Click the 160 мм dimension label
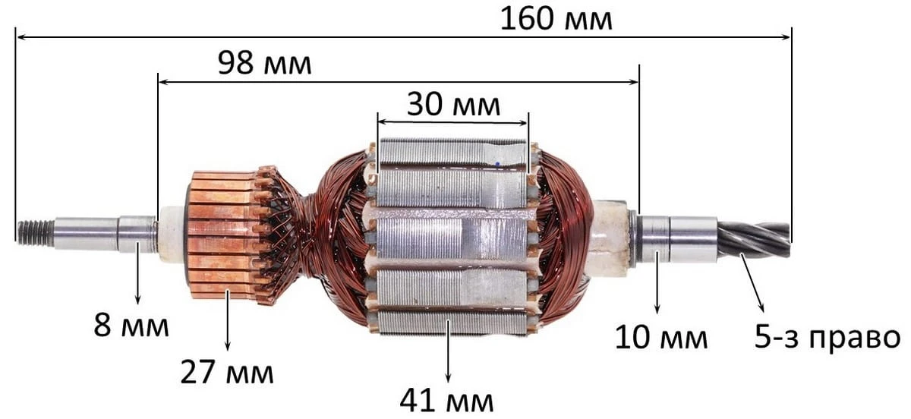tap(556, 20)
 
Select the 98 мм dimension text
tap(264, 63)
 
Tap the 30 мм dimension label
tap(453, 105)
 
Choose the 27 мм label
tap(227, 372)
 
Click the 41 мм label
tap(446, 401)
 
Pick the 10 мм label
tap(661, 337)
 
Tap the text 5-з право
tap(827, 337)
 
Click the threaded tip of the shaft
tap(35, 234)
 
